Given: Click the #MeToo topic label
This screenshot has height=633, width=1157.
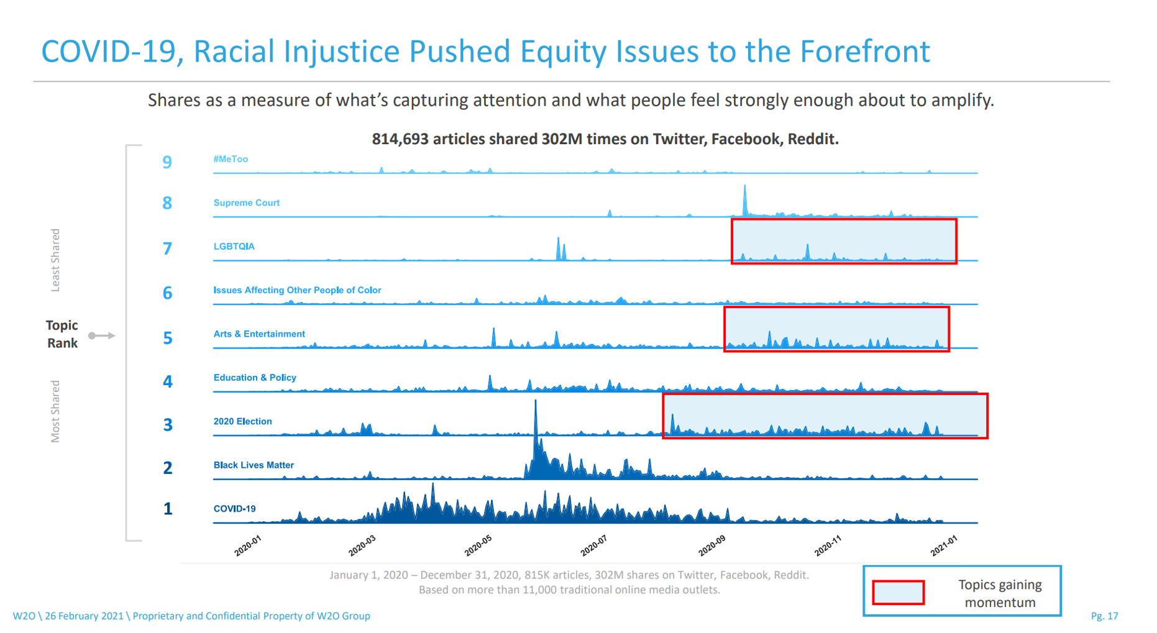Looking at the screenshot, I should click(231, 159).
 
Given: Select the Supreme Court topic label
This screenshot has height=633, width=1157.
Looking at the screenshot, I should click(246, 203).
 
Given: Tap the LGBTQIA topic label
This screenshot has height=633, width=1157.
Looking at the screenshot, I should click(234, 246).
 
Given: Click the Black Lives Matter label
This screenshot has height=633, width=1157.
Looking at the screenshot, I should click(254, 465).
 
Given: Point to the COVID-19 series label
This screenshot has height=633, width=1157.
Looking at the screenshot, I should click(234, 508).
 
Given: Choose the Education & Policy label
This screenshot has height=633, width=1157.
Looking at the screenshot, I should click(255, 377).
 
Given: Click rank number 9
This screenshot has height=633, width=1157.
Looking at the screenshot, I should click(167, 162).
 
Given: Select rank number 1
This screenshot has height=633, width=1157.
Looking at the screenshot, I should click(168, 509).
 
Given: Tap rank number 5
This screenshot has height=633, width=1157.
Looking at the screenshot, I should click(168, 338).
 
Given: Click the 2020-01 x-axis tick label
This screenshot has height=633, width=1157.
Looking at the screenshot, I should click(248, 545).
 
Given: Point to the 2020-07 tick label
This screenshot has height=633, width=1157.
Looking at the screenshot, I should click(593, 545).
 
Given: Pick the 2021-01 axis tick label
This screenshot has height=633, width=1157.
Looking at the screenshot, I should click(944, 545).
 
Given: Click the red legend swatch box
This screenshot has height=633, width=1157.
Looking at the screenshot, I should click(898, 592).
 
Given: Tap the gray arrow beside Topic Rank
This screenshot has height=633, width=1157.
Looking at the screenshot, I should click(102, 335).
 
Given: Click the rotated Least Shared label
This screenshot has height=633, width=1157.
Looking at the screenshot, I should click(55, 260).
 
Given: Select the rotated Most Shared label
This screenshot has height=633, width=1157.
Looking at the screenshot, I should click(55, 411).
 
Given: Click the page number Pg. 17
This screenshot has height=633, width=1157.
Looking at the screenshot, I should click(1104, 616).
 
